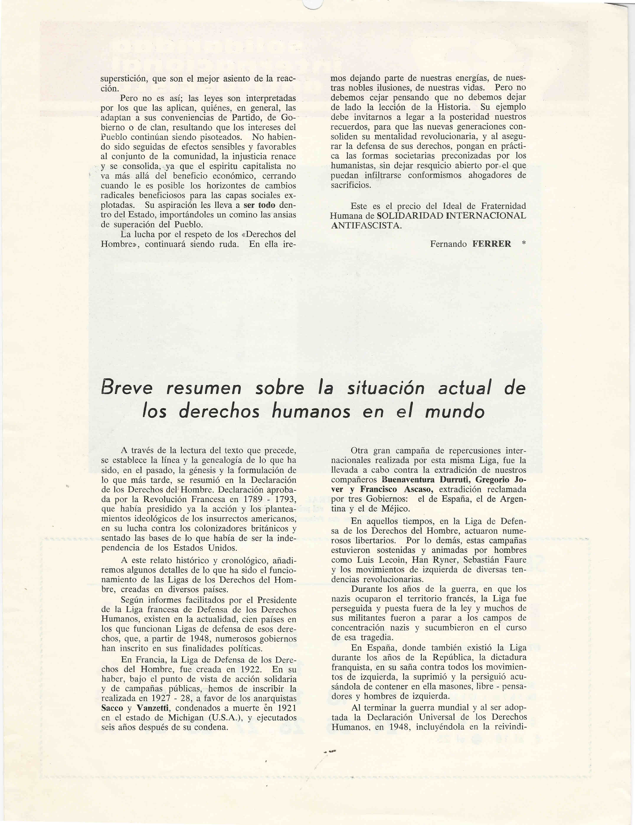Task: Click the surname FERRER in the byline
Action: tap(491, 244)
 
